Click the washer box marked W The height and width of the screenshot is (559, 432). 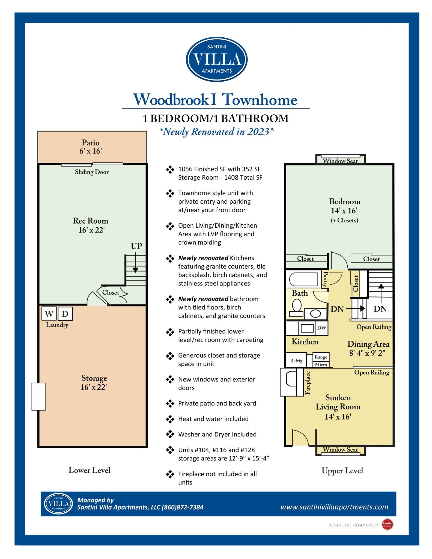pos(49,314)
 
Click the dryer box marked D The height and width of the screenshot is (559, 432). pos(65,314)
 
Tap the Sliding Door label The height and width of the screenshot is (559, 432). pos(92,172)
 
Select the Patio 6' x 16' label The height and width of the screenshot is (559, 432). pos(91,147)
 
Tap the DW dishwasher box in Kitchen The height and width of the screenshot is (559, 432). pos(322,328)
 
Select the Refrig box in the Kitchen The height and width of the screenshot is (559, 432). pos(296,361)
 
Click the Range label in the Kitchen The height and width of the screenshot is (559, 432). pos(321,357)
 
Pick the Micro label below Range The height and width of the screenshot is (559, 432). pos(321,364)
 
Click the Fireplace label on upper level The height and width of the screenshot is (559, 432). pos(308,383)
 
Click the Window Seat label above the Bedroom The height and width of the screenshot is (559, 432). pos(340,161)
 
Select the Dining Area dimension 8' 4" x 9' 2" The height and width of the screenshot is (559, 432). pos(367,353)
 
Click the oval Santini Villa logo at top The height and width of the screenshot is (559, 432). pos(216,60)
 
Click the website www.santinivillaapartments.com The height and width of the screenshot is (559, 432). pos(334,507)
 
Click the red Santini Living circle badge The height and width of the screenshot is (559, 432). pos(388,524)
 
